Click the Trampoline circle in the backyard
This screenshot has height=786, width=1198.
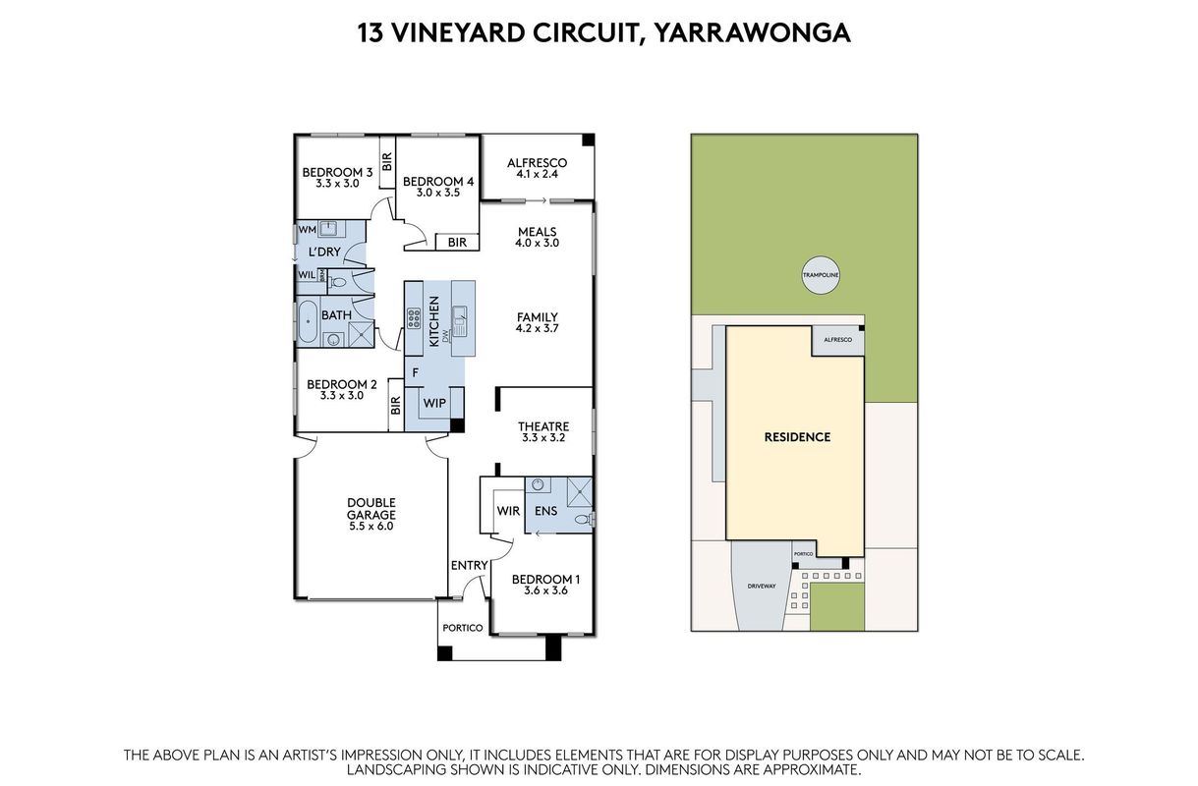(x=821, y=275)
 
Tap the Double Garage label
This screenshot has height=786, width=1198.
(x=371, y=509)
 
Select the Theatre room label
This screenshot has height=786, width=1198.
(x=543, y=426)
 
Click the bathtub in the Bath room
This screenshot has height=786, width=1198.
(x=308, y=321)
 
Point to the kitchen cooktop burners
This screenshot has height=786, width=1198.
(x=414, y=318)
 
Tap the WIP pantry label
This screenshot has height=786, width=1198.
(x=434, y=403)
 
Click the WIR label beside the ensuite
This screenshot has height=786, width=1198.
(x=508, y=511)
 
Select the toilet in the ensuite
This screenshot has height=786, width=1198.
(x=584, y=519)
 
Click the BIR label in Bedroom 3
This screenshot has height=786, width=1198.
(x=387, y=161)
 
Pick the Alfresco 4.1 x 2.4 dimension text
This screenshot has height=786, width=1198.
(x=537, y=174)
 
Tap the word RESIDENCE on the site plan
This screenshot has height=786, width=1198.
(x=797, y=437)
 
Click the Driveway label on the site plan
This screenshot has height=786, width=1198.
(x=762, y=586)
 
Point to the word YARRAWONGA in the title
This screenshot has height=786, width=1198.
(x=753, y=33)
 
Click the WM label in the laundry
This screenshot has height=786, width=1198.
(x=308, y=229)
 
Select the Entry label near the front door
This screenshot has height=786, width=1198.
(x=470, y=565)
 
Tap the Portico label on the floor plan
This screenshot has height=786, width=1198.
(x=463, y=628)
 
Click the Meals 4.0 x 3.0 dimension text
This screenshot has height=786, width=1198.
(x=537, y=243)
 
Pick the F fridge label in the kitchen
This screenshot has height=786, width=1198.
(x=415, y=372)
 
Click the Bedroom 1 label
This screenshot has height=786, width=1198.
(x=545, y=579)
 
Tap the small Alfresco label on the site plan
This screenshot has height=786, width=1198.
(x=837, y=340)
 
